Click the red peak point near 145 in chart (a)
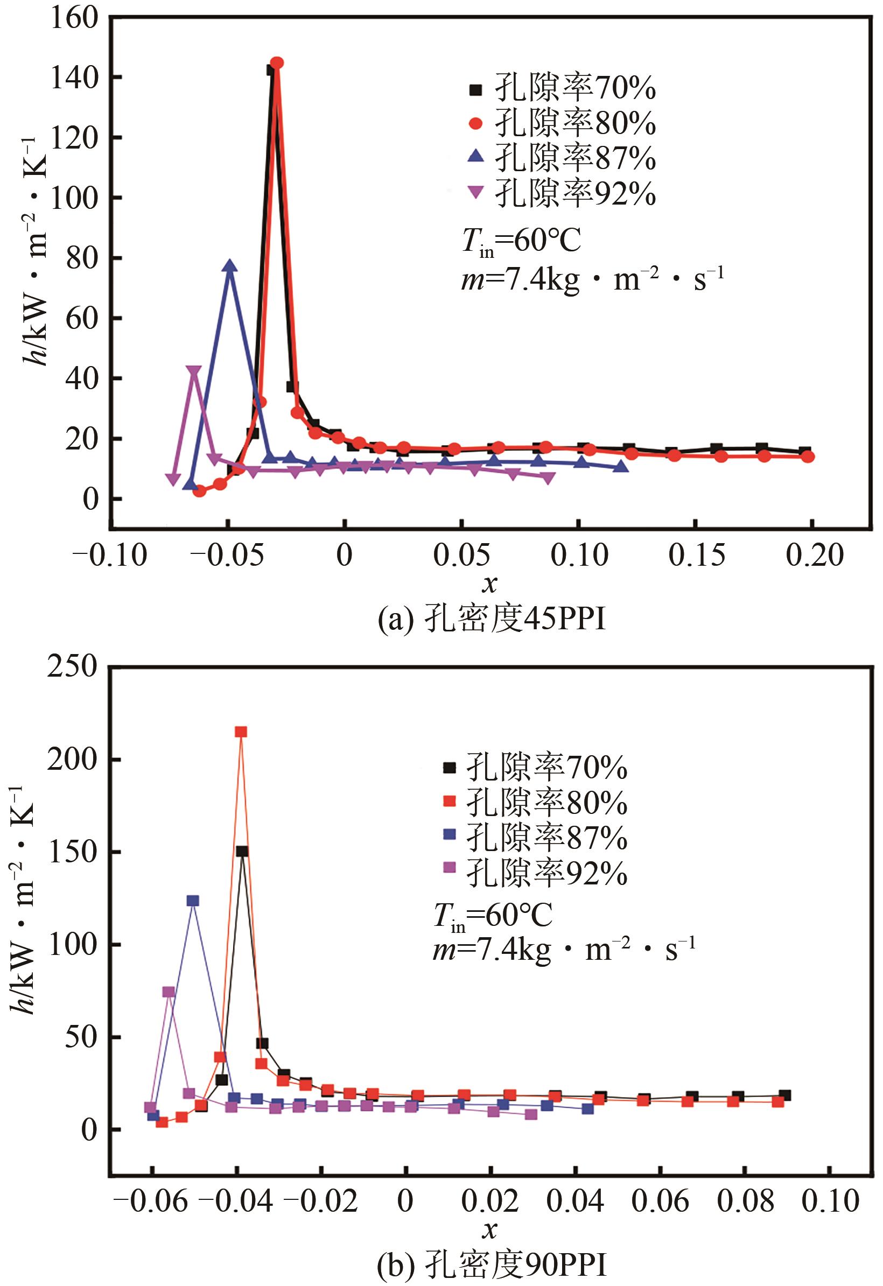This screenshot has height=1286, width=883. pyautogui.click(x=277, y=63)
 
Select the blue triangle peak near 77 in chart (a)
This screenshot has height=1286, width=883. pyautogui.click(x=230, y=266)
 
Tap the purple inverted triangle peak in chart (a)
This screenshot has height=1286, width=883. pyautogui.click(x=193, y=371)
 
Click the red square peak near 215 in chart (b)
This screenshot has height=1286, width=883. pyautogui.click(x=241, y=732)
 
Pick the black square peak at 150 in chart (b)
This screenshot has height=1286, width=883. pyautogui.click(x=242, y=852)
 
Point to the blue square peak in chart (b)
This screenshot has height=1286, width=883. pyautogui.click(x=193, y=901)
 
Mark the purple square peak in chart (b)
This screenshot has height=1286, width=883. pyautogui.click(x=169, y=992)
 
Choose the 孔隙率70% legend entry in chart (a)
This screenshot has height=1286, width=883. pyautogui.click(x=562, y=88)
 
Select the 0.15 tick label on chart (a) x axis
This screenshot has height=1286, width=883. pyautogui.click(x=696, y=554)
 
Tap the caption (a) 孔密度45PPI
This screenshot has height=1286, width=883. pyautogui.click(x=492, y=620)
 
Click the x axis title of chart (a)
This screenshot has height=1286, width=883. pyautogui.click(x=490, y=585)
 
